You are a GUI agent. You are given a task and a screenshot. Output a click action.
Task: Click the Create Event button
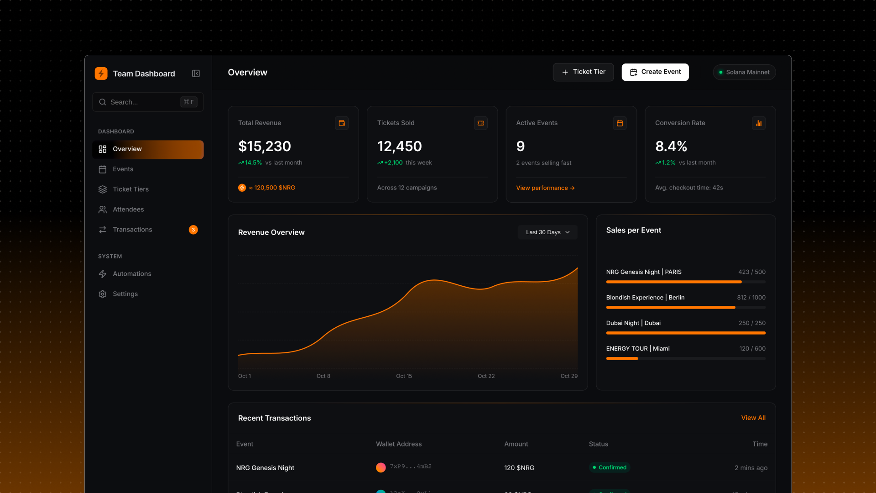(655, 72)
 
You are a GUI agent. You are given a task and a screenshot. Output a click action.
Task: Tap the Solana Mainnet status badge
(744, 72)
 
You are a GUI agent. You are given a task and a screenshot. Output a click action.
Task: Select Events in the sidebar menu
(123, 169)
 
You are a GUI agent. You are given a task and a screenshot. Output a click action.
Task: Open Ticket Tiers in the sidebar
(130, 189)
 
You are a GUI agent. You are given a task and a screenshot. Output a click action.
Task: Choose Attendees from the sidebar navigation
(128, 210)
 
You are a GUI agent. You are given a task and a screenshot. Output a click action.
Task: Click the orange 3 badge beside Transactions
(193, 230)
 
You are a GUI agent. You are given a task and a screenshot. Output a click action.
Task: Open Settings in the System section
(125, 294)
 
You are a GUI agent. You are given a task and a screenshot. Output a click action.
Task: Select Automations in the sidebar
(132, 274)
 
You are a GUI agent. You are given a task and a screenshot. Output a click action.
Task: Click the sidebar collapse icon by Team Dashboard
(196, 73)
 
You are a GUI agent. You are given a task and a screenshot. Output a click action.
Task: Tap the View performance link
(545, 188)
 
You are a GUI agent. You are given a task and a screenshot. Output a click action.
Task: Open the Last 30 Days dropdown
(547, 232)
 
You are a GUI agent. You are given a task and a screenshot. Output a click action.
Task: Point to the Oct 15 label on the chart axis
(404, 376)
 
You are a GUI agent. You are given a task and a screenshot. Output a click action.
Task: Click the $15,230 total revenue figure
(265, 147)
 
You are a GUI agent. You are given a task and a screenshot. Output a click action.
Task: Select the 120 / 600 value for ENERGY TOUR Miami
(752, 349)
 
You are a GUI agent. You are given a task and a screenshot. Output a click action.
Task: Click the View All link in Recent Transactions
(753, 418)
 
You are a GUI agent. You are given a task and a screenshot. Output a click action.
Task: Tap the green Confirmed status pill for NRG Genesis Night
(609, 467)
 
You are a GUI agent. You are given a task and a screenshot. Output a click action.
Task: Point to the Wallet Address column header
(398, 444)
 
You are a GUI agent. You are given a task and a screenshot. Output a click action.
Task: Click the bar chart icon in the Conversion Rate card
(759, 123)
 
